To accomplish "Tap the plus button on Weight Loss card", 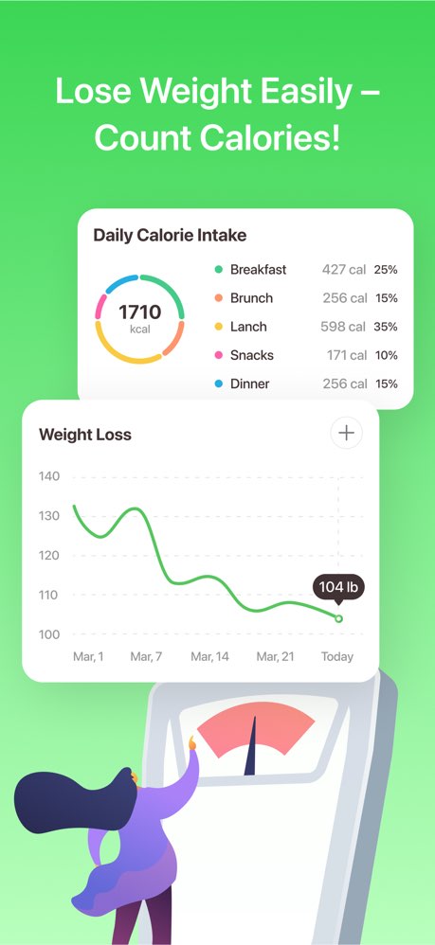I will pyautogui.click(x=347, y=433).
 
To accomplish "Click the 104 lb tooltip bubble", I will pyautogui.click(x=338, y=588).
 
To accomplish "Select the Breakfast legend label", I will pyautogui.click(x=258, y=269).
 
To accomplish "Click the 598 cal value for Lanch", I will pyautogui.click(x=344, y=327).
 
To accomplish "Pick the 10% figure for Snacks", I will pyautogui.click(x=386, y=355).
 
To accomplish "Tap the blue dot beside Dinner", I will pyautogui.click(x=219, y=383).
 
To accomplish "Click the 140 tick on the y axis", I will pyautogui.click(x=50, y=476).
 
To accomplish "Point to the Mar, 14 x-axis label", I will pyautogui.click(x=209, y=656).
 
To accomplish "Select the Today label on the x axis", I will pyautogui.click(x=336, y=656).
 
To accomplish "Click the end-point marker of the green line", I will pyautogui.click(x=339, y=619).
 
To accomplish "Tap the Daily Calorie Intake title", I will pyautogui.click(x=170, y=235).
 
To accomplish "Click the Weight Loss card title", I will pyautogui.click(x=85, y=435).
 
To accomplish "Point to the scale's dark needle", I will pyautogui.click(x=251, y=748).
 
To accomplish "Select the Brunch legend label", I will pyautogui.click(x=251, y=298).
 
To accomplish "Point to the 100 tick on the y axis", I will pyautogui.click(x=50, y=634).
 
